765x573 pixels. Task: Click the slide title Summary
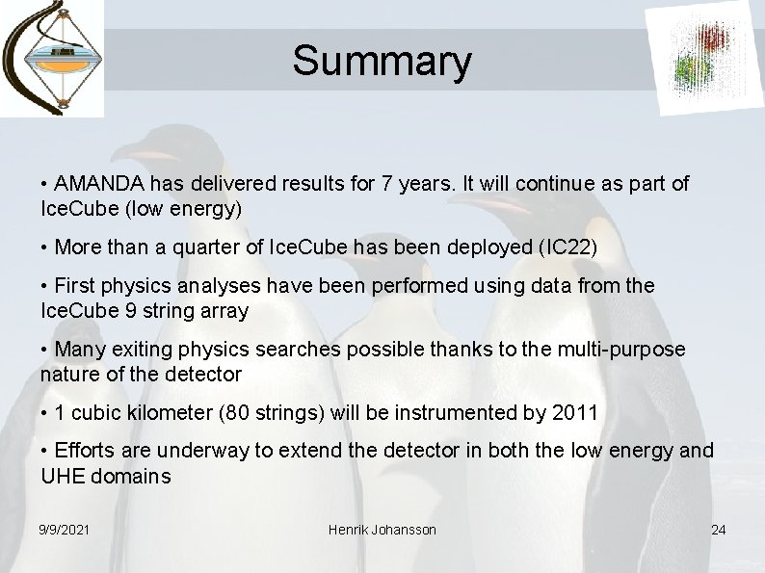coord(382,60)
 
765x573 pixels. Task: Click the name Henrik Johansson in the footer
coord(382,530)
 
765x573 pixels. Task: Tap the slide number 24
coord(718,530)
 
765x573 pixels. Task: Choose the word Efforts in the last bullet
coord(85,450)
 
